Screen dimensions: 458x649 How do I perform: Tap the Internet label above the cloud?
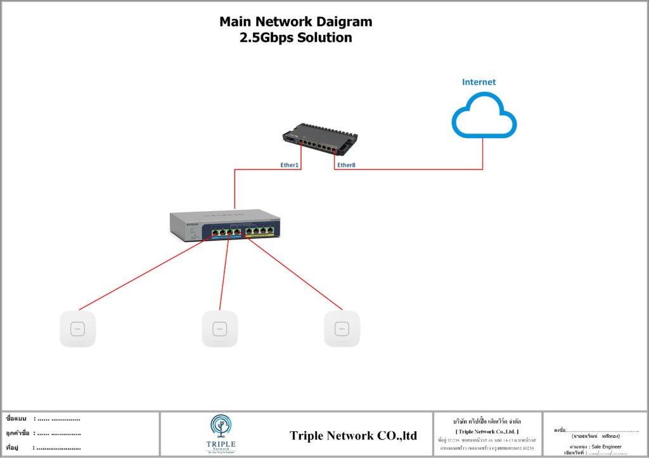pos(479,82)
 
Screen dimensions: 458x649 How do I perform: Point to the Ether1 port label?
pos(289,165)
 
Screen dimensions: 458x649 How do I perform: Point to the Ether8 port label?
pos(346,165)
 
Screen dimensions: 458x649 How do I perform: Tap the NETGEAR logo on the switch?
pos(192,223)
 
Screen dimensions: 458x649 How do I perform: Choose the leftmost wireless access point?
pos(77,329)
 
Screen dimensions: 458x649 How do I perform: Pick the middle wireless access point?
pos(220,329)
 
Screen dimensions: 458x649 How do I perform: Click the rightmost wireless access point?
pos(342,329)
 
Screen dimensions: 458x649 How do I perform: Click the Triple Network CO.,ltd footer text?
pos(353,436)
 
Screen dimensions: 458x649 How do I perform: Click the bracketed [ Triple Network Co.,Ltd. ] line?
pos(487,431)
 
